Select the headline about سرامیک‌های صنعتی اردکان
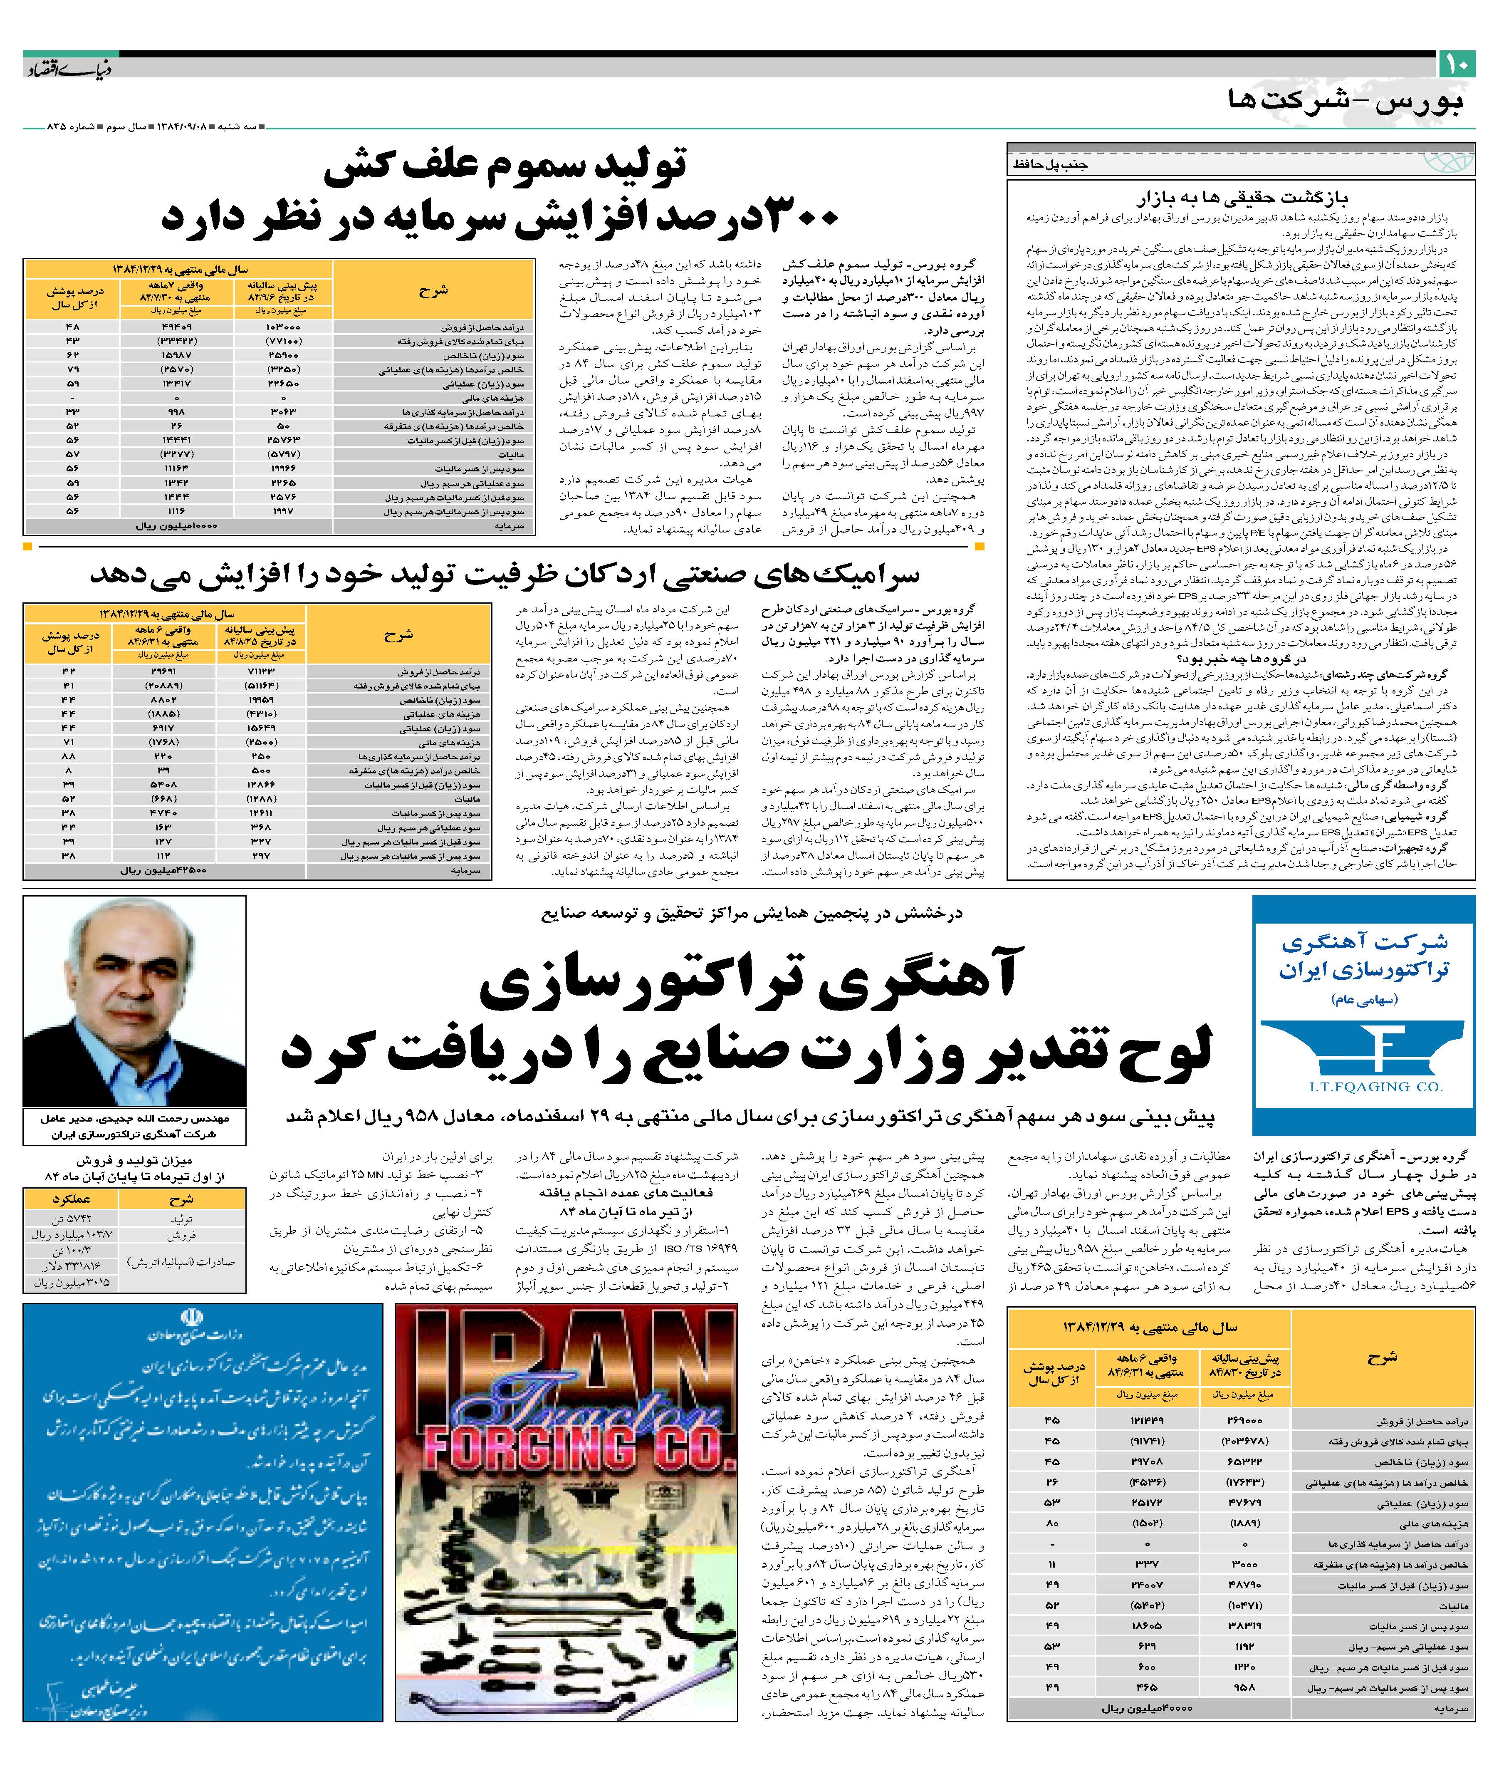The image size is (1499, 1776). pyautogui.click(x=505, y=575)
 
